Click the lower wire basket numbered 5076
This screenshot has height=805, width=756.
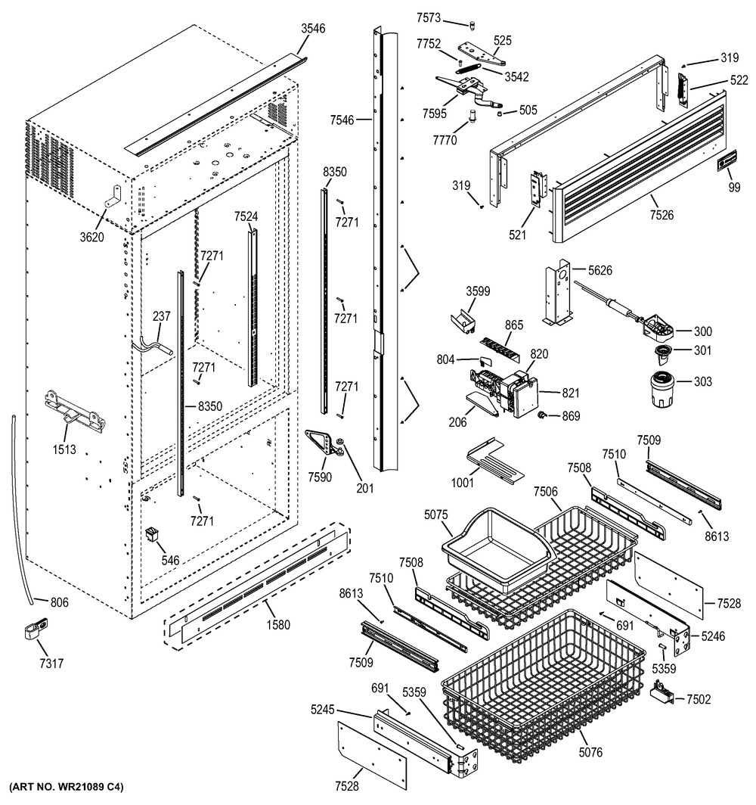point(544,681)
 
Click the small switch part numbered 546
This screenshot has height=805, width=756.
point(155,536)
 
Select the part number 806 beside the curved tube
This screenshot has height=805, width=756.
point(59,603)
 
